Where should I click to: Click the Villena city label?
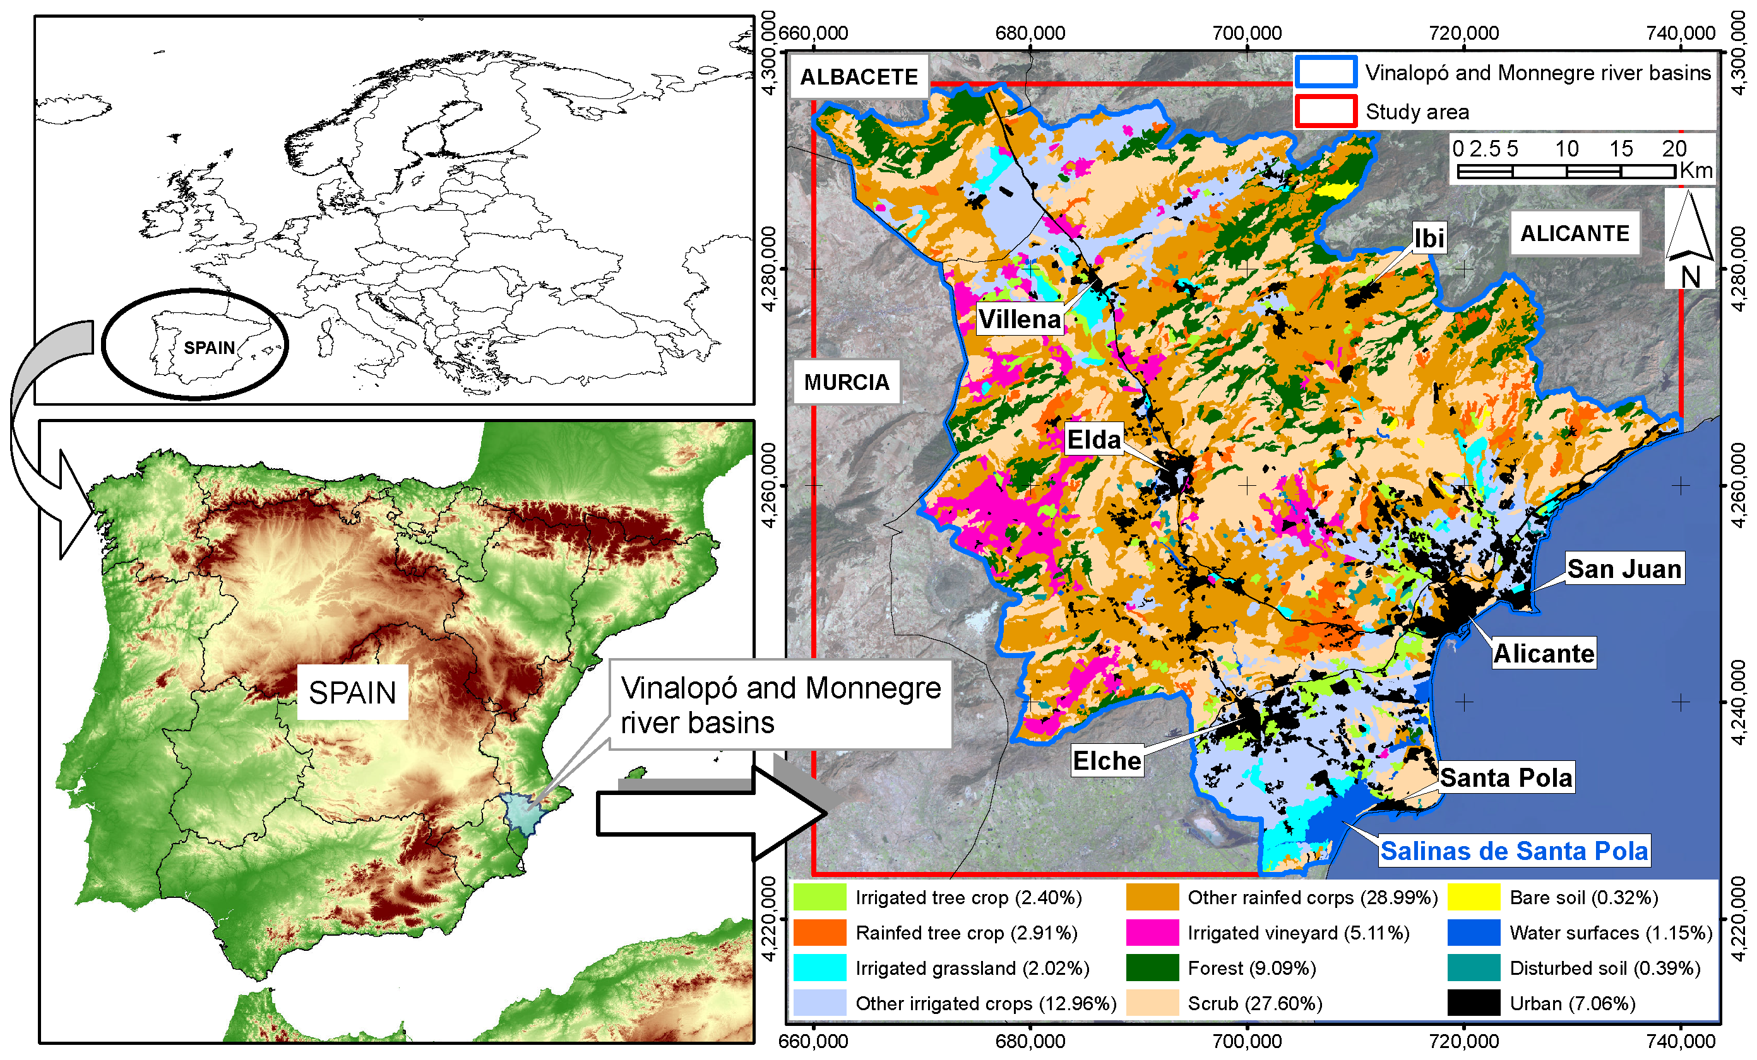click(x=1019, y=319)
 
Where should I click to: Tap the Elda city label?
click(x=1093, y=439)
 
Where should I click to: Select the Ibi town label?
click(x=1429, y=237)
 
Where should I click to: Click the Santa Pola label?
click(x=1505, y=777)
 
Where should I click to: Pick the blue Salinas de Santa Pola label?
click(x=1514, y=851)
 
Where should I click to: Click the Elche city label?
click(x=1107, y=760)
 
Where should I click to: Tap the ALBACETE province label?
click(x=859, y=76)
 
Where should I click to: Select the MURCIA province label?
click(x=847, y=382)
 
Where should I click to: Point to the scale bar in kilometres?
click(x=1566, y=171)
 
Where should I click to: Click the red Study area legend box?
click(x=1326, y=111)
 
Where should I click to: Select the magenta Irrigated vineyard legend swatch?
click(x=1152, y=933)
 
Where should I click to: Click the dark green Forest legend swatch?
click(x=1152, y=967)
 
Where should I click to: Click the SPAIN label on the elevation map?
click(x=352, y=692)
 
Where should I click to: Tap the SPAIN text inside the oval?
click(x=209, y=347)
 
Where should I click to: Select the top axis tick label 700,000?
click(x=1246, y=33)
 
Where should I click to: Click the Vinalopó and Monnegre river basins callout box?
click(x=780, y=704)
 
